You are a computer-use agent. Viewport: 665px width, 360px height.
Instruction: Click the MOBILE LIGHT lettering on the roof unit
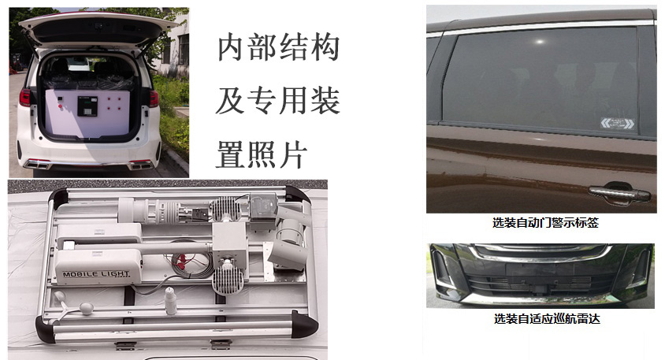click(96, 274)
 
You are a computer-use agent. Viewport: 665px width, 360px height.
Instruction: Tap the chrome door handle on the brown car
click(619, 193)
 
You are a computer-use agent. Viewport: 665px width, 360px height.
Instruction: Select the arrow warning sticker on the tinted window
click(618, 124)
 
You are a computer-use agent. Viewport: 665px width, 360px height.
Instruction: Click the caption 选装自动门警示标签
click(545, 223)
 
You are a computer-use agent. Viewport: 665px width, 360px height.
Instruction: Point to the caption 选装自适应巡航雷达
click(547, 318)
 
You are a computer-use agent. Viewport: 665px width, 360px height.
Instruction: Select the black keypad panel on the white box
click(87, 106)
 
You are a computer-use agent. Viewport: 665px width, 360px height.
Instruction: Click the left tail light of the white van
click(24, 98)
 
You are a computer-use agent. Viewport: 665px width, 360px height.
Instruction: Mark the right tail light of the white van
click(154, 98)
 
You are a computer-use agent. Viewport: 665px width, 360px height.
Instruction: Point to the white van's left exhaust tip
click(37, 164)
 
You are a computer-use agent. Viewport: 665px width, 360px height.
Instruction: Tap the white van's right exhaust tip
click(142, 165)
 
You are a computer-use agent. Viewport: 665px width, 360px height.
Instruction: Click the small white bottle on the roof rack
click(170, 301)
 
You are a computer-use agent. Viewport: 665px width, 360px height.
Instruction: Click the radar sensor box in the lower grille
click(540, 291)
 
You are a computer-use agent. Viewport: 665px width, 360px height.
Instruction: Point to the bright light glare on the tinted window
click(540, 42)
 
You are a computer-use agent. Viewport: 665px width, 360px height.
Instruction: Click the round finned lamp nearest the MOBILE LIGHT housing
click(228, 280)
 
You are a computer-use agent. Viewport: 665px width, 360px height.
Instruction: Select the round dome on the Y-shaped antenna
click(87, 308)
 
